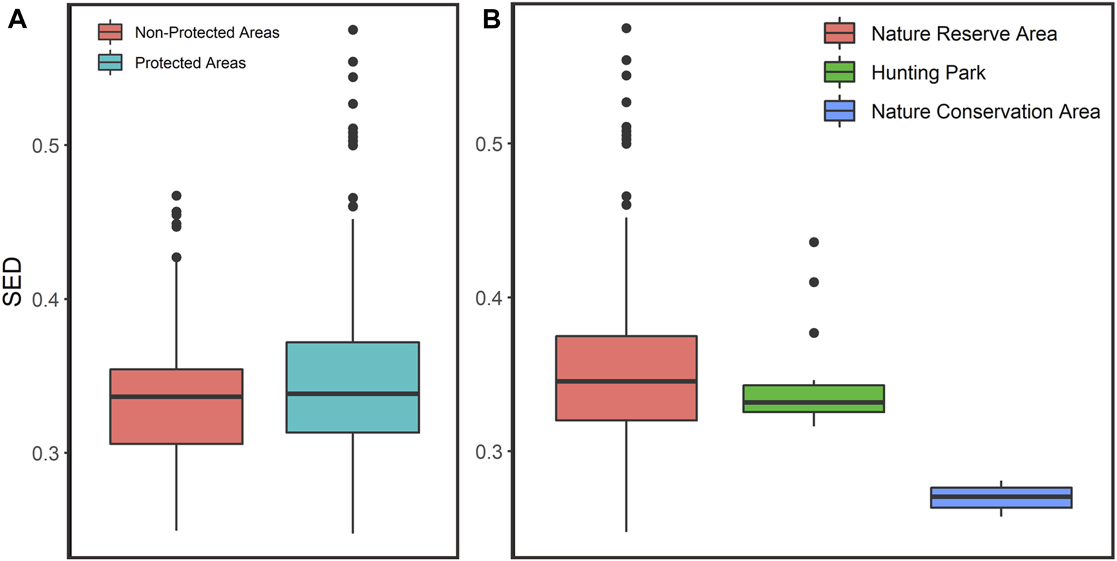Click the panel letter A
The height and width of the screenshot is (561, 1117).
tap(17, 19)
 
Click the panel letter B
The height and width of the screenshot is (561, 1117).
tap(491, 19)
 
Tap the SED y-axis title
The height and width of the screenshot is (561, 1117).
tap(13, 281)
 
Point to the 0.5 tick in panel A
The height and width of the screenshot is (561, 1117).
tap(45, 146)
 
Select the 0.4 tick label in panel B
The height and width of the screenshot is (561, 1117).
tap(489, 298)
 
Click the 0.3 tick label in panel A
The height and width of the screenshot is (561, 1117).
tap(45, 454)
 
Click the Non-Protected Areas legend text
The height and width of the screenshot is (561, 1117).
tap(206, 33)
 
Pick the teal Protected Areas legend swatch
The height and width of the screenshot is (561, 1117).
tap(110, 62)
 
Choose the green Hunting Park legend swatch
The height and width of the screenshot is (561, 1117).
tap(839, 72)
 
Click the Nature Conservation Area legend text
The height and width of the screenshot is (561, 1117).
tap(985, 111)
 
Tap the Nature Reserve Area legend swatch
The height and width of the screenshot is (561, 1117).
tap(839, 33)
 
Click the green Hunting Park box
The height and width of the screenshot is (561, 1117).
tap(813, 394)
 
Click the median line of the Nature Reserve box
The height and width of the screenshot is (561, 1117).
tap(626, 381)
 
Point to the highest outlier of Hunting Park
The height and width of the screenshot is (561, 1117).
tap(814, 242)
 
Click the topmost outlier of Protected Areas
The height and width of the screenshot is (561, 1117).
tap(353, 30)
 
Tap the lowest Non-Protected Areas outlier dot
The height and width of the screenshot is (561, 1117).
tap(176, 258)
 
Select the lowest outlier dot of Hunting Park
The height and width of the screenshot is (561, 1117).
tap(814, 333)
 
